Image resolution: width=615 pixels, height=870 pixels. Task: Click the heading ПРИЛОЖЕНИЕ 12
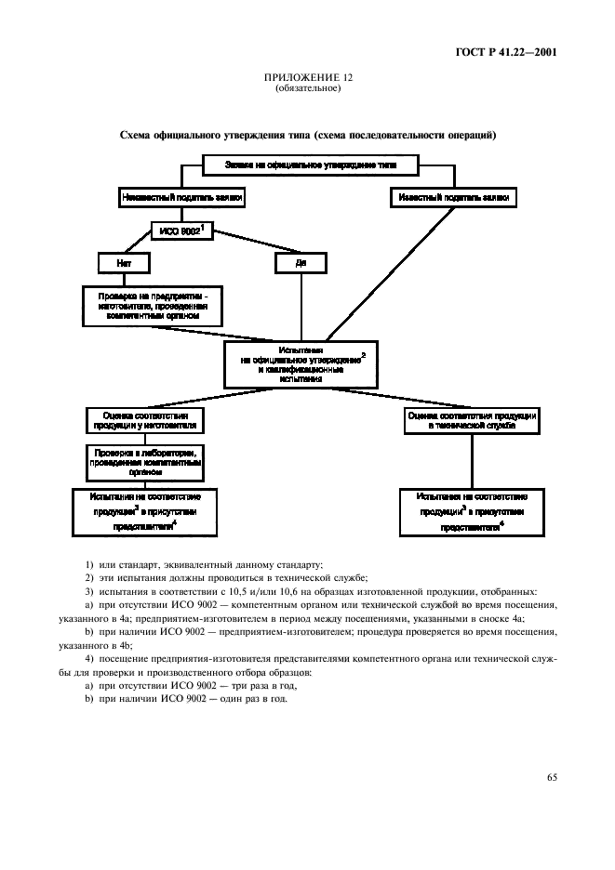tap(307, 79)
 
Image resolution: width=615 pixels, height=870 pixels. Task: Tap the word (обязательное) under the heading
tap(307, 89)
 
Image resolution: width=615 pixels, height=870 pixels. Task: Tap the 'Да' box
tap(301, 264)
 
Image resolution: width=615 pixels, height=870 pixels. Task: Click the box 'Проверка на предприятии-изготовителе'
tap(153, 306)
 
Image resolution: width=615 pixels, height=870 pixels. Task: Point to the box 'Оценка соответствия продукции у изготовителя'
tap(146, 421)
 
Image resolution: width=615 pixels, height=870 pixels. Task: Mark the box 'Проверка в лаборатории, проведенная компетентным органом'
tap(146, 460)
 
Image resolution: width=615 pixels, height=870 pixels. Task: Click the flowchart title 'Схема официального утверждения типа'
tap(307, 136)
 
